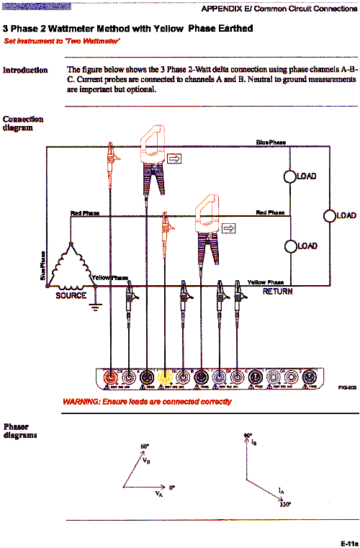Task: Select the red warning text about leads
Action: click(147, 402)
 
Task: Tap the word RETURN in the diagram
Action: click(277, 292)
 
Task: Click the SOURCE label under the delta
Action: click(71, 295)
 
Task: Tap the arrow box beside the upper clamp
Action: click(175, 158)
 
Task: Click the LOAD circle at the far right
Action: click(330, 215)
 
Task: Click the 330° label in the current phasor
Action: click(285, 505)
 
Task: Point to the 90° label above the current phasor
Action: click(248, 436)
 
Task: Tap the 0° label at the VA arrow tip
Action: click(171, 488)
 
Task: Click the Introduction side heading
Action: click(25, 70)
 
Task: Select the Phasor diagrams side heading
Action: click(22, 431)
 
